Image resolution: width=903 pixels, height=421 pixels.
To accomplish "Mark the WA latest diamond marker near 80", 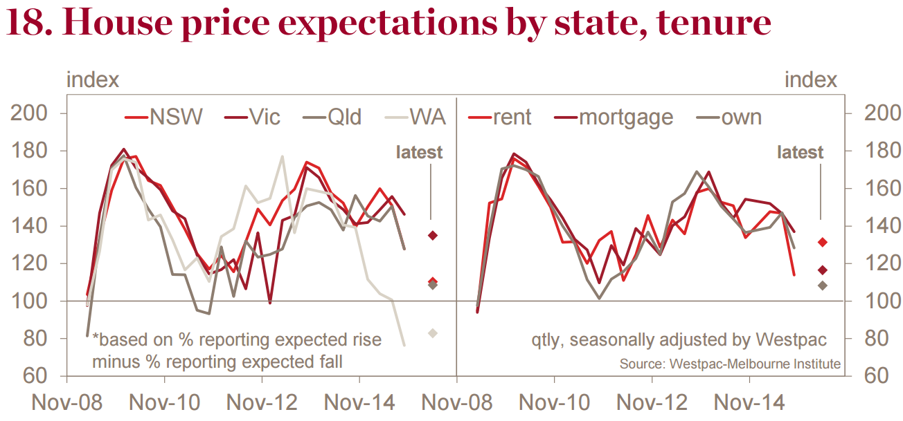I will pos(432,333).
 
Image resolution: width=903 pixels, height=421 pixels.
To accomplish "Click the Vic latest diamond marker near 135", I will pos(432,236).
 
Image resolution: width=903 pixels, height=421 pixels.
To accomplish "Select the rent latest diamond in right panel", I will pos(822,242).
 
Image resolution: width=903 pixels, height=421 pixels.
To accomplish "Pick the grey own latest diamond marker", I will pos(822,285).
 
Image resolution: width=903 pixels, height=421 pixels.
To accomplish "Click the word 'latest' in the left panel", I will pos(419,152).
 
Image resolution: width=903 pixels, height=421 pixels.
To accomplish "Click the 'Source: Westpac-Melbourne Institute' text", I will pos(730,364).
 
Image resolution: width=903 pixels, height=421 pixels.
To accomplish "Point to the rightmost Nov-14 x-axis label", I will pos(749,402).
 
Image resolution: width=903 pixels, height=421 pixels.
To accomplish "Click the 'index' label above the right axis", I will pos(810,80).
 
